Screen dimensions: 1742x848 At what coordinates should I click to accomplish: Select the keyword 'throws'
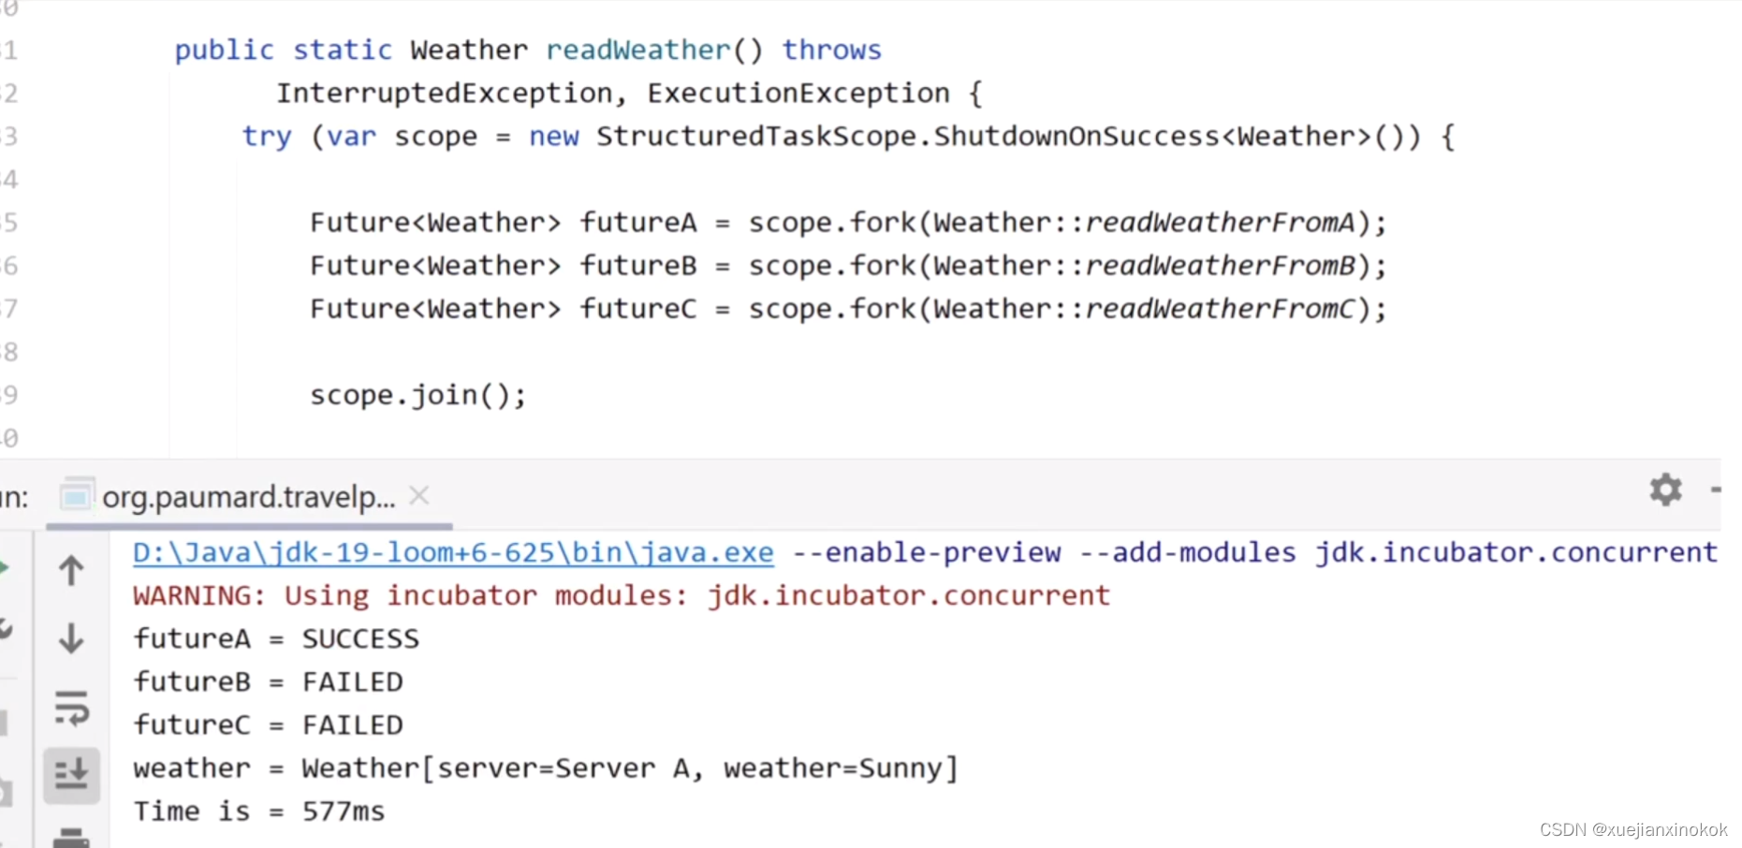click(x=831, y=50)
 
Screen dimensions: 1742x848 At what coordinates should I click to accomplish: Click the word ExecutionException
click(x=798, y=94)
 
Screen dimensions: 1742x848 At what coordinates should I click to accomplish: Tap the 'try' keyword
click(x=267, y=137)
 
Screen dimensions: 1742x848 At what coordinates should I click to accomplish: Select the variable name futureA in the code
click(x=638, y=223)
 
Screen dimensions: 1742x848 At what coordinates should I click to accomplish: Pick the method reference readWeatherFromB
click(x=1220, y=266)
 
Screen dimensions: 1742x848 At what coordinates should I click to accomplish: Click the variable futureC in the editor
click(x=638, y=309)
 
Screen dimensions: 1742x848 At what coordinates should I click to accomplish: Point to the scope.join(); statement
click(x=417, y=395)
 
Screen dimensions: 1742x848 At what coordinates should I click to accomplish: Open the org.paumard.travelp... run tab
click(x=248, y=496)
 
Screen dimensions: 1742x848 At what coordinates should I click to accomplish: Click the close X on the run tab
click(x=419, y=495)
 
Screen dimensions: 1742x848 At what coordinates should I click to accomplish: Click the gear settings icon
click(x=1665, y=490)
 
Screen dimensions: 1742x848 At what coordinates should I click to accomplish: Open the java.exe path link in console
click(x=453, y=552)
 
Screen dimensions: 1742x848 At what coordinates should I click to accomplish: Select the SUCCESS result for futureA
click(x=360, y=638)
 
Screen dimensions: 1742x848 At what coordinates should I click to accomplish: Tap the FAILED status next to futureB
click(x=352, y=681)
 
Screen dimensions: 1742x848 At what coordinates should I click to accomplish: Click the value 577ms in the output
click(x=343, y=811)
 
